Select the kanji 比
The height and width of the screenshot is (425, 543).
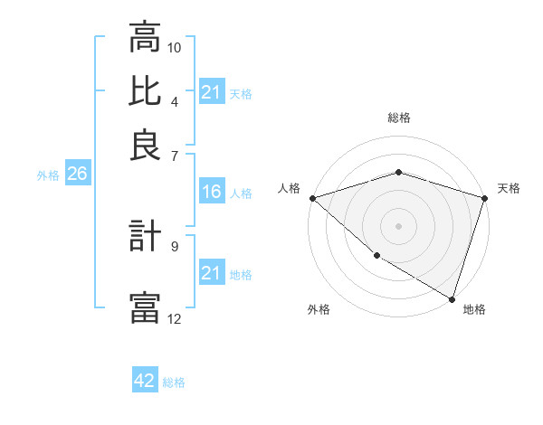145,90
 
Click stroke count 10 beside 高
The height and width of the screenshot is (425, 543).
175,46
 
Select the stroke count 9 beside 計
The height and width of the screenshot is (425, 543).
175,245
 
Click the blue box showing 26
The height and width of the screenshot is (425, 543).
77,175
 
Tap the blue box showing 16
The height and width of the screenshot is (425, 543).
211,192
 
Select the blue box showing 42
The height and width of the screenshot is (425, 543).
145,381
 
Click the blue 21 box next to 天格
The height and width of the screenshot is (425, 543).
211,92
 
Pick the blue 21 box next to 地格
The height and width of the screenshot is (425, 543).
211,273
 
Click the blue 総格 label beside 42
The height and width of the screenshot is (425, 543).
174,382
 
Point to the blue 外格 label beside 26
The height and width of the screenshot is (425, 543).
48,175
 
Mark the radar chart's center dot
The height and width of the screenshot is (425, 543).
398,225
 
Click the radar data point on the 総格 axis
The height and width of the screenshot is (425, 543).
398,172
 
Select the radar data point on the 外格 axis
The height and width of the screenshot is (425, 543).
376,256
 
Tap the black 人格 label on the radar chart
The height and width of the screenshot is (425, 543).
289,188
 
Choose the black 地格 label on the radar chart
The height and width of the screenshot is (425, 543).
474,309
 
